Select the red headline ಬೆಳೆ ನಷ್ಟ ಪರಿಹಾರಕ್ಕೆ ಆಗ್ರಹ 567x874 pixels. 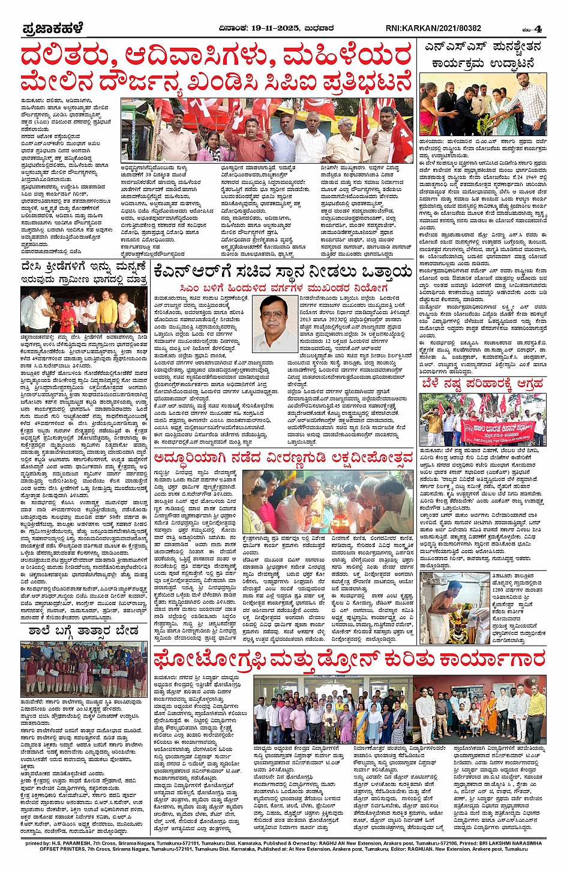click(x=482, y=384)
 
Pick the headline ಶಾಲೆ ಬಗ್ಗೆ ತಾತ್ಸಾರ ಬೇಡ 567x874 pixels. click(x=83, y=631)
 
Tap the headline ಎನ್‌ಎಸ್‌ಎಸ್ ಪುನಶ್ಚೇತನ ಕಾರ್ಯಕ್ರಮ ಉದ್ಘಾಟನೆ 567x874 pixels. click(x=482, y=55)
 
